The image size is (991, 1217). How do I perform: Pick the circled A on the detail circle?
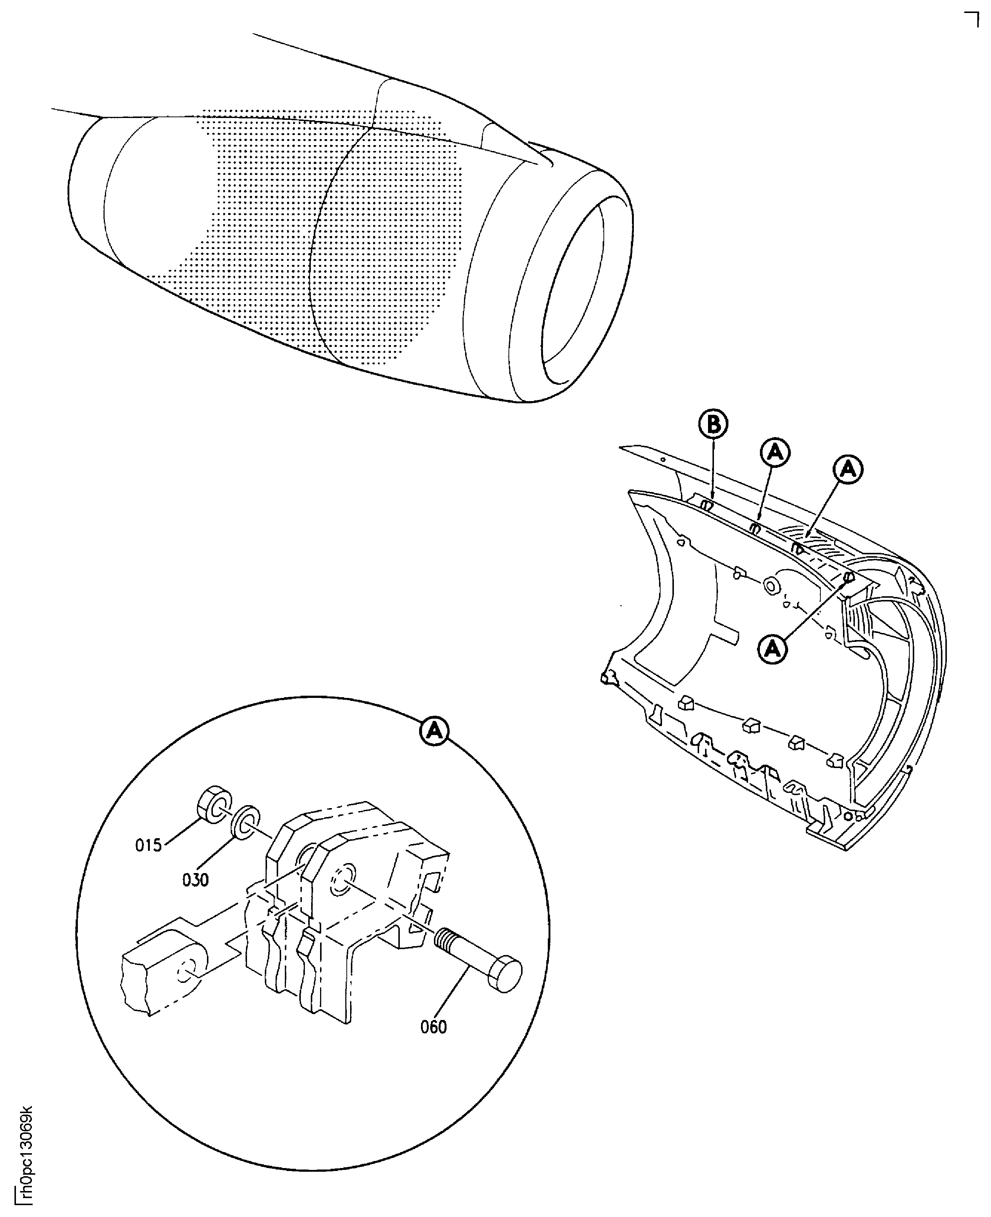click(435, 731)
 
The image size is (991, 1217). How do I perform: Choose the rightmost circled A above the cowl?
click(848, 469)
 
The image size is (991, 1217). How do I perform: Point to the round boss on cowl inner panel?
click(772, 586)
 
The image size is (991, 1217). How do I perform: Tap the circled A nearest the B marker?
click(775, 452)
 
